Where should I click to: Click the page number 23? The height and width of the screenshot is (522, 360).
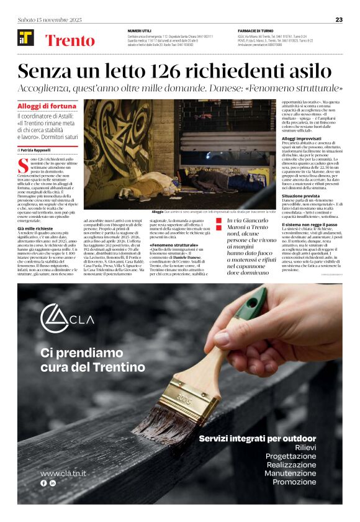(x=339, y=19)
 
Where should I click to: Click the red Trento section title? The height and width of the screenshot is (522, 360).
(x=70, y=41)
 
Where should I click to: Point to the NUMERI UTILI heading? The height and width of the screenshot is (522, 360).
(x=140, y=30)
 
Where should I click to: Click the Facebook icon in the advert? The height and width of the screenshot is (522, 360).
(x=43, y=482)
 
